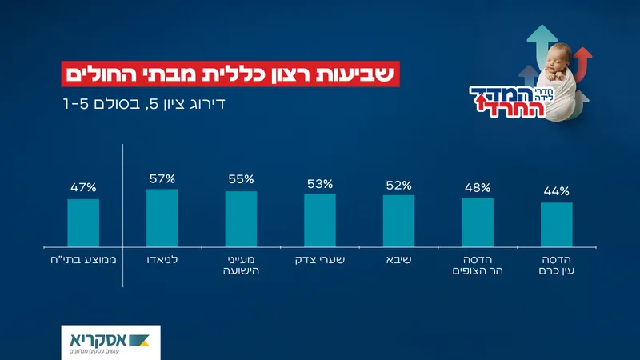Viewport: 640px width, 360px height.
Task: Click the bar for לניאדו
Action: tap(162, 218)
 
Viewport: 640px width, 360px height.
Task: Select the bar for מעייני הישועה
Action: tap(241, 218)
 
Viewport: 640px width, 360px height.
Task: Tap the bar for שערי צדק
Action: tap(319, 220)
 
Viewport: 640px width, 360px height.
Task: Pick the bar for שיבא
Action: tap(398, 221)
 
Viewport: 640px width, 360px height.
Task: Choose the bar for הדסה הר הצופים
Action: tap(477, 222)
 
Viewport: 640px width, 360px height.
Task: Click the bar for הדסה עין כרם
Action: tap(556, 224)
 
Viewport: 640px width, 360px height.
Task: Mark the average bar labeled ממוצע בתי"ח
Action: tap(83, 222)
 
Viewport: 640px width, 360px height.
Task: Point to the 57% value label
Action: tap(162, 178)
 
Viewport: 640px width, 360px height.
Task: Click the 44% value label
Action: tap(556, 191)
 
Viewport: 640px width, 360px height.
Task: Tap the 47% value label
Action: tap(83, 188)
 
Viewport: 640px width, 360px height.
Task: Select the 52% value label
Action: tap(398, 184)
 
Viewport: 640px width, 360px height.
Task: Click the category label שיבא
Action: tap(398, 260)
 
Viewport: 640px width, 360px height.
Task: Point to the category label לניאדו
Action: tap(162, 260)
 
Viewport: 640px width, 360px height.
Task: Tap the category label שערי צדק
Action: tap(319, 260)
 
